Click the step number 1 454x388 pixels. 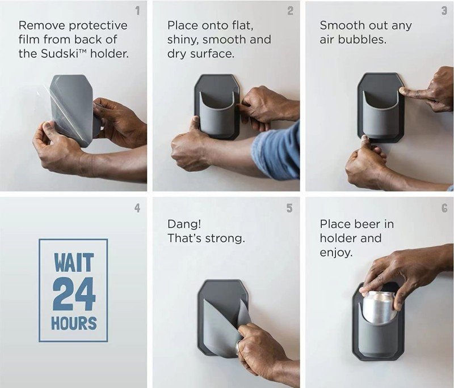(137, 11)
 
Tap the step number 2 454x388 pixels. (290, 11)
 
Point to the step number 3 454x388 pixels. (444, 11)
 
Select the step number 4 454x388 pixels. (137, 208)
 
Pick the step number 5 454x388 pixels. (289, 208)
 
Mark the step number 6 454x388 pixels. (444, 208)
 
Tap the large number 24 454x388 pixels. (74, 294)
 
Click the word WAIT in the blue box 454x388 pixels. (74, 262)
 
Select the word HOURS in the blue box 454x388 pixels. (74, 323)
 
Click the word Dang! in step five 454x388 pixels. (184, 224)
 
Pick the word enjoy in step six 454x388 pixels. (336, 253)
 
